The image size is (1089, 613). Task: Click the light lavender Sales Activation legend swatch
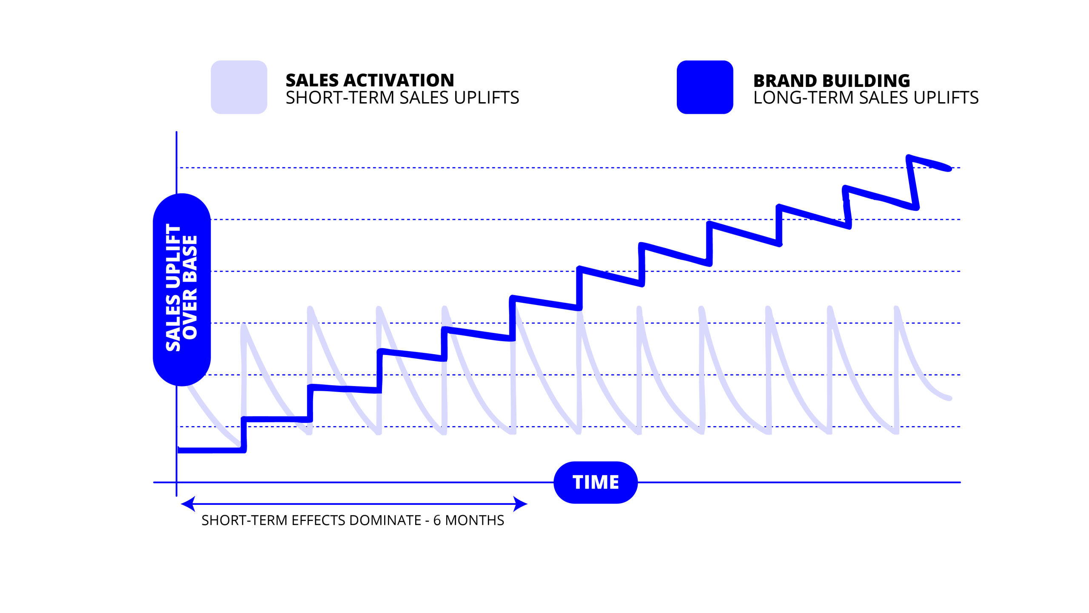click(239, 87)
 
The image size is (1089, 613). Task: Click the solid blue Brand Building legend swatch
click(705, 87)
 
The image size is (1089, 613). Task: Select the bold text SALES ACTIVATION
click(370, 80)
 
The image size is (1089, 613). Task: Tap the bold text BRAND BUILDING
click(831, 80)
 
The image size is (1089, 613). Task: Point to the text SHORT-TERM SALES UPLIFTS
click(402, 97)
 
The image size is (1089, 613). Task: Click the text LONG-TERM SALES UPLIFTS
click(866, 97)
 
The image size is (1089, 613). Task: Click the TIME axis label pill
click(596, 482)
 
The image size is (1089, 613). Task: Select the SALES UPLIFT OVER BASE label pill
click(182, 289)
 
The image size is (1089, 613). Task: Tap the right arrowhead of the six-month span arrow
click(521, 504)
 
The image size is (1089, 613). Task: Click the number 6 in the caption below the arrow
click(437, 520)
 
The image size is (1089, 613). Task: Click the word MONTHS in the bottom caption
click(474, 520)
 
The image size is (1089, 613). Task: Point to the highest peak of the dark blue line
click(908, 157)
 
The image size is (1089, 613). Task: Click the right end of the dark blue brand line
click(949, 169)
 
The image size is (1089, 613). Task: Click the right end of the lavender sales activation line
click(949, 398)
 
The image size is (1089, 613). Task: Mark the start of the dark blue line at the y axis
click(179, 450)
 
